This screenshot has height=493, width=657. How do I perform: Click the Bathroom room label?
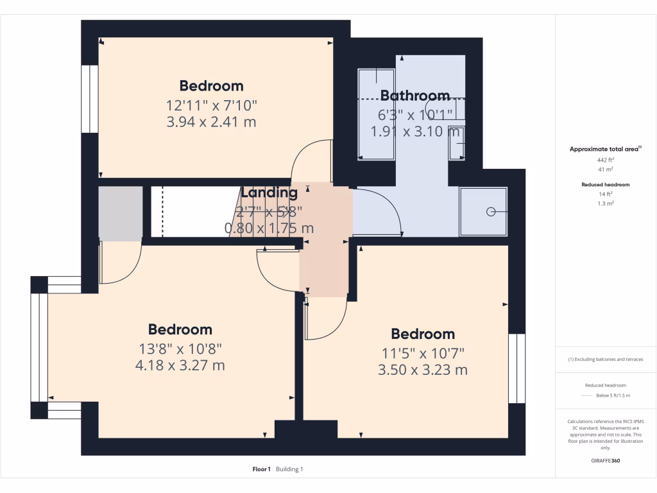pyautogui.click(x=415, y=96)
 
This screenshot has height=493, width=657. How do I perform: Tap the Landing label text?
pyautogui.click(x=269, y=192)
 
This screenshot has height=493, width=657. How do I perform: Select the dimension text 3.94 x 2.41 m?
pyautogui.click(x=211, y=121)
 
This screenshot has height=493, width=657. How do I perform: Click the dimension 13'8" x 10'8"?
pyautogui.click(x=180, y=349)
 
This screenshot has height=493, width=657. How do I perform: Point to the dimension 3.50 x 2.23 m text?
pyautogui.click(x=423, y=370)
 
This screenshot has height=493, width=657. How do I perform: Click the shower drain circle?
pyautogui.click(x=491, y=211)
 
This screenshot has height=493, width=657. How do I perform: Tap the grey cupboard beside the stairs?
pyautogui.click(x=120, y=213)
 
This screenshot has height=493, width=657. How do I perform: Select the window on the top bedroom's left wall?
pyautogui.click(x=89, y=98)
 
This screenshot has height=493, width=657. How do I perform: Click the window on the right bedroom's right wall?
pyautogui.click(x=516, y=368)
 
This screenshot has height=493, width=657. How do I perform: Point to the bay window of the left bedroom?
pyautogui.click(x=39, y=347)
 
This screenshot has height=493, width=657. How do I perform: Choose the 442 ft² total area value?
pyautogui.click(x=606, y=159)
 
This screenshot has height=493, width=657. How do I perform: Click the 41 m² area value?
pyautogui.click(x=606, y=169)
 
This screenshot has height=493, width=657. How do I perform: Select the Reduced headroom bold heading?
pyautogui.click(x=606, y=184)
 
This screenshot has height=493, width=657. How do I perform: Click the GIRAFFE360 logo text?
pyautogui.click(x=606, y=460)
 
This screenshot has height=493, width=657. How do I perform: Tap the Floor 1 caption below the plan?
pyautogui.click(x=261, y=469)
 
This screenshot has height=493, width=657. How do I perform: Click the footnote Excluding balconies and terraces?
pyautogui.click(x=606, y=359)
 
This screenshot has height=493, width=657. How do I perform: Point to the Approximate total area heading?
pyautogui.click(x=604, y=149)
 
